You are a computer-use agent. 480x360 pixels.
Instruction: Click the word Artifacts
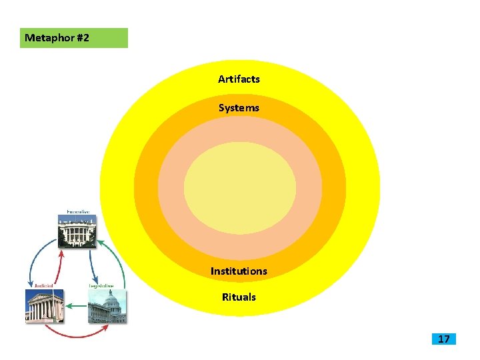[x=239, y=79]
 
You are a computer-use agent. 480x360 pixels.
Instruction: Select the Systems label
[x=239, y=108]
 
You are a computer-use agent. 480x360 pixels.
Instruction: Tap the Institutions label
[x=239, y=271]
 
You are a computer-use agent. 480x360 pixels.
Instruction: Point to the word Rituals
[x=239, y=297]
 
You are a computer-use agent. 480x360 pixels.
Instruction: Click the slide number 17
[x=443, y=339]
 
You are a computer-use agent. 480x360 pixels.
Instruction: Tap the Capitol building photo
[x=107, y=307]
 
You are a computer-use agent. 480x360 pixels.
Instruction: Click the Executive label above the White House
[x=77, y=212]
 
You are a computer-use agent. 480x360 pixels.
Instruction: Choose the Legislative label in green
[x=105, y=286]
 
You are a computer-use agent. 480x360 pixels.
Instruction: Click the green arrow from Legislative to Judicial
[x=75, y=306]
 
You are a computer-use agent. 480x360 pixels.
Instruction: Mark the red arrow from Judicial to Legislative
[x=75, y=335]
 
